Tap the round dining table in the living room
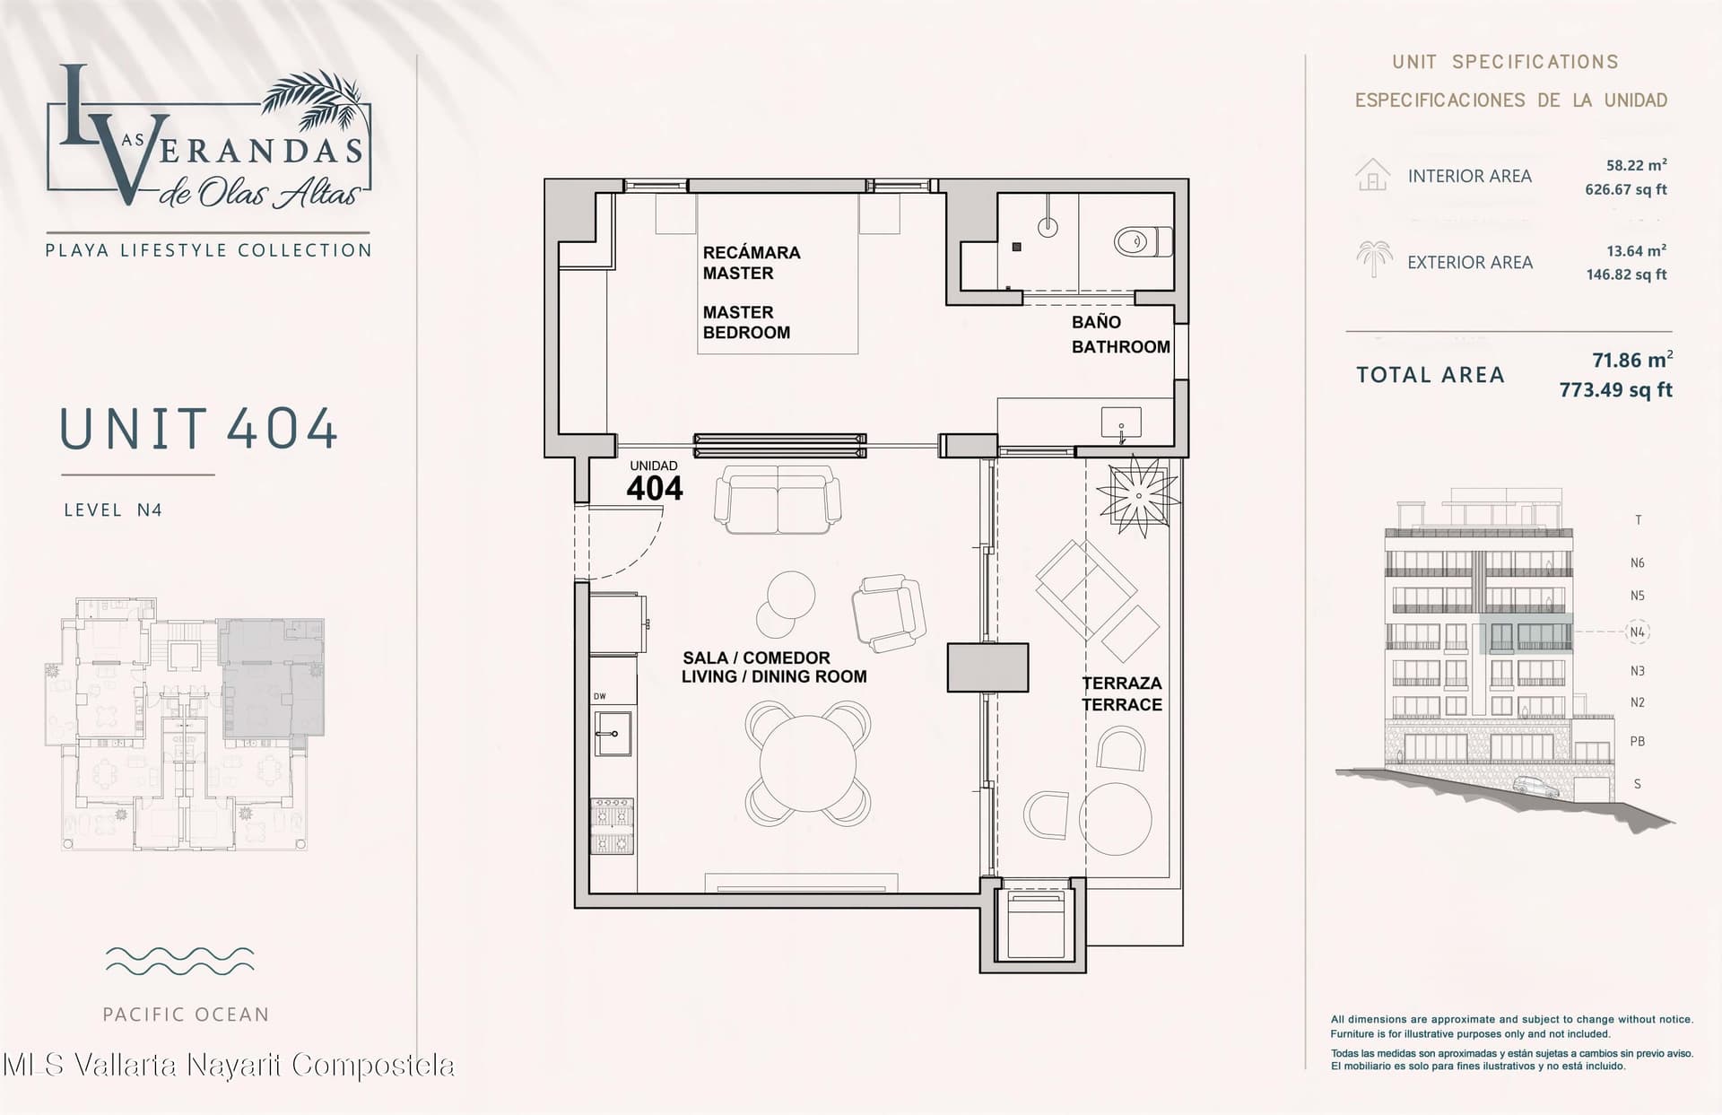807,763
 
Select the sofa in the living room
778,500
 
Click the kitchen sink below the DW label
613,734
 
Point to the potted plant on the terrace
1138,496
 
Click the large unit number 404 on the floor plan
655,489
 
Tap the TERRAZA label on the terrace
1122,684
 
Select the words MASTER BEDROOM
746,322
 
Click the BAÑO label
1096,322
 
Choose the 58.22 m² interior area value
1636,165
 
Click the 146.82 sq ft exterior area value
1626,274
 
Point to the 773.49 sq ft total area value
1615,390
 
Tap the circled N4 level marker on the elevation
1638,632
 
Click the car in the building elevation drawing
1535,787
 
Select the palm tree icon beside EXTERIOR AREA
1374,258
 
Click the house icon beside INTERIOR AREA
1372,175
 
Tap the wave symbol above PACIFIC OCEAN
179,960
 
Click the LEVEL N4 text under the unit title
113,510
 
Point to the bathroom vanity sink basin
1121,421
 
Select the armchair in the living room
888,613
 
